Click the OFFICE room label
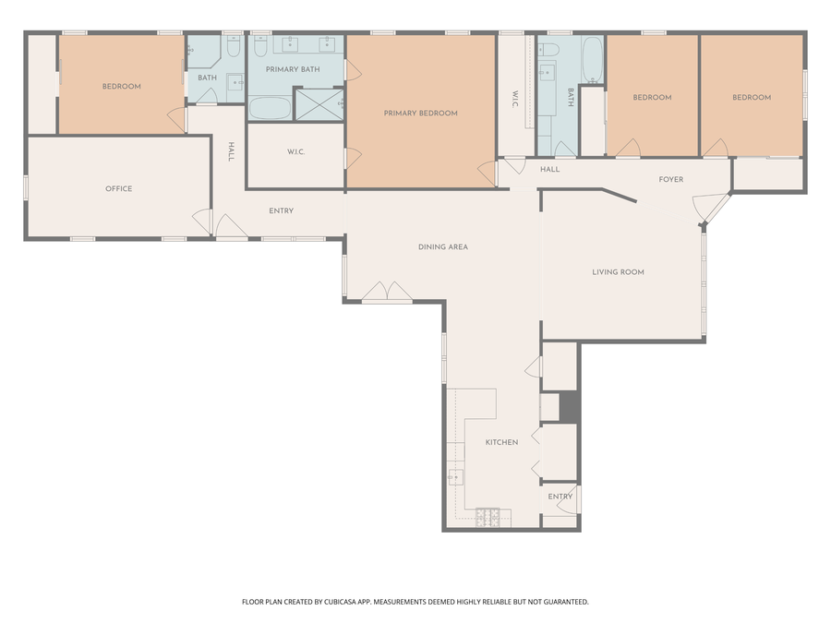coord(119,188)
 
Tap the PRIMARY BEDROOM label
coord(420,114)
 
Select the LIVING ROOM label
coord(618,272)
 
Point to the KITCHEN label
coord(502,442)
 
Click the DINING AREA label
coord(443,246)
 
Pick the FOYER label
coord(671,180)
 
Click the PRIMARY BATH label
coord(293,69)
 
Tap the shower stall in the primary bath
coord(319,104)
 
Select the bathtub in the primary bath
coord(270,108)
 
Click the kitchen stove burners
coord(488,518)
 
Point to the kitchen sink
coord(455,477)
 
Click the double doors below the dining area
coord(387,293)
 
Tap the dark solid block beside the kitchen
coord(568,407)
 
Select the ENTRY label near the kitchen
coord(560,497)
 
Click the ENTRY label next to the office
coord(281,210)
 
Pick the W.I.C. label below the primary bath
coord(295,152)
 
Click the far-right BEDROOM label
coord(752,98)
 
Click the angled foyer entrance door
coord(714,209)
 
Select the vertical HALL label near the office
coord(231,151)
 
